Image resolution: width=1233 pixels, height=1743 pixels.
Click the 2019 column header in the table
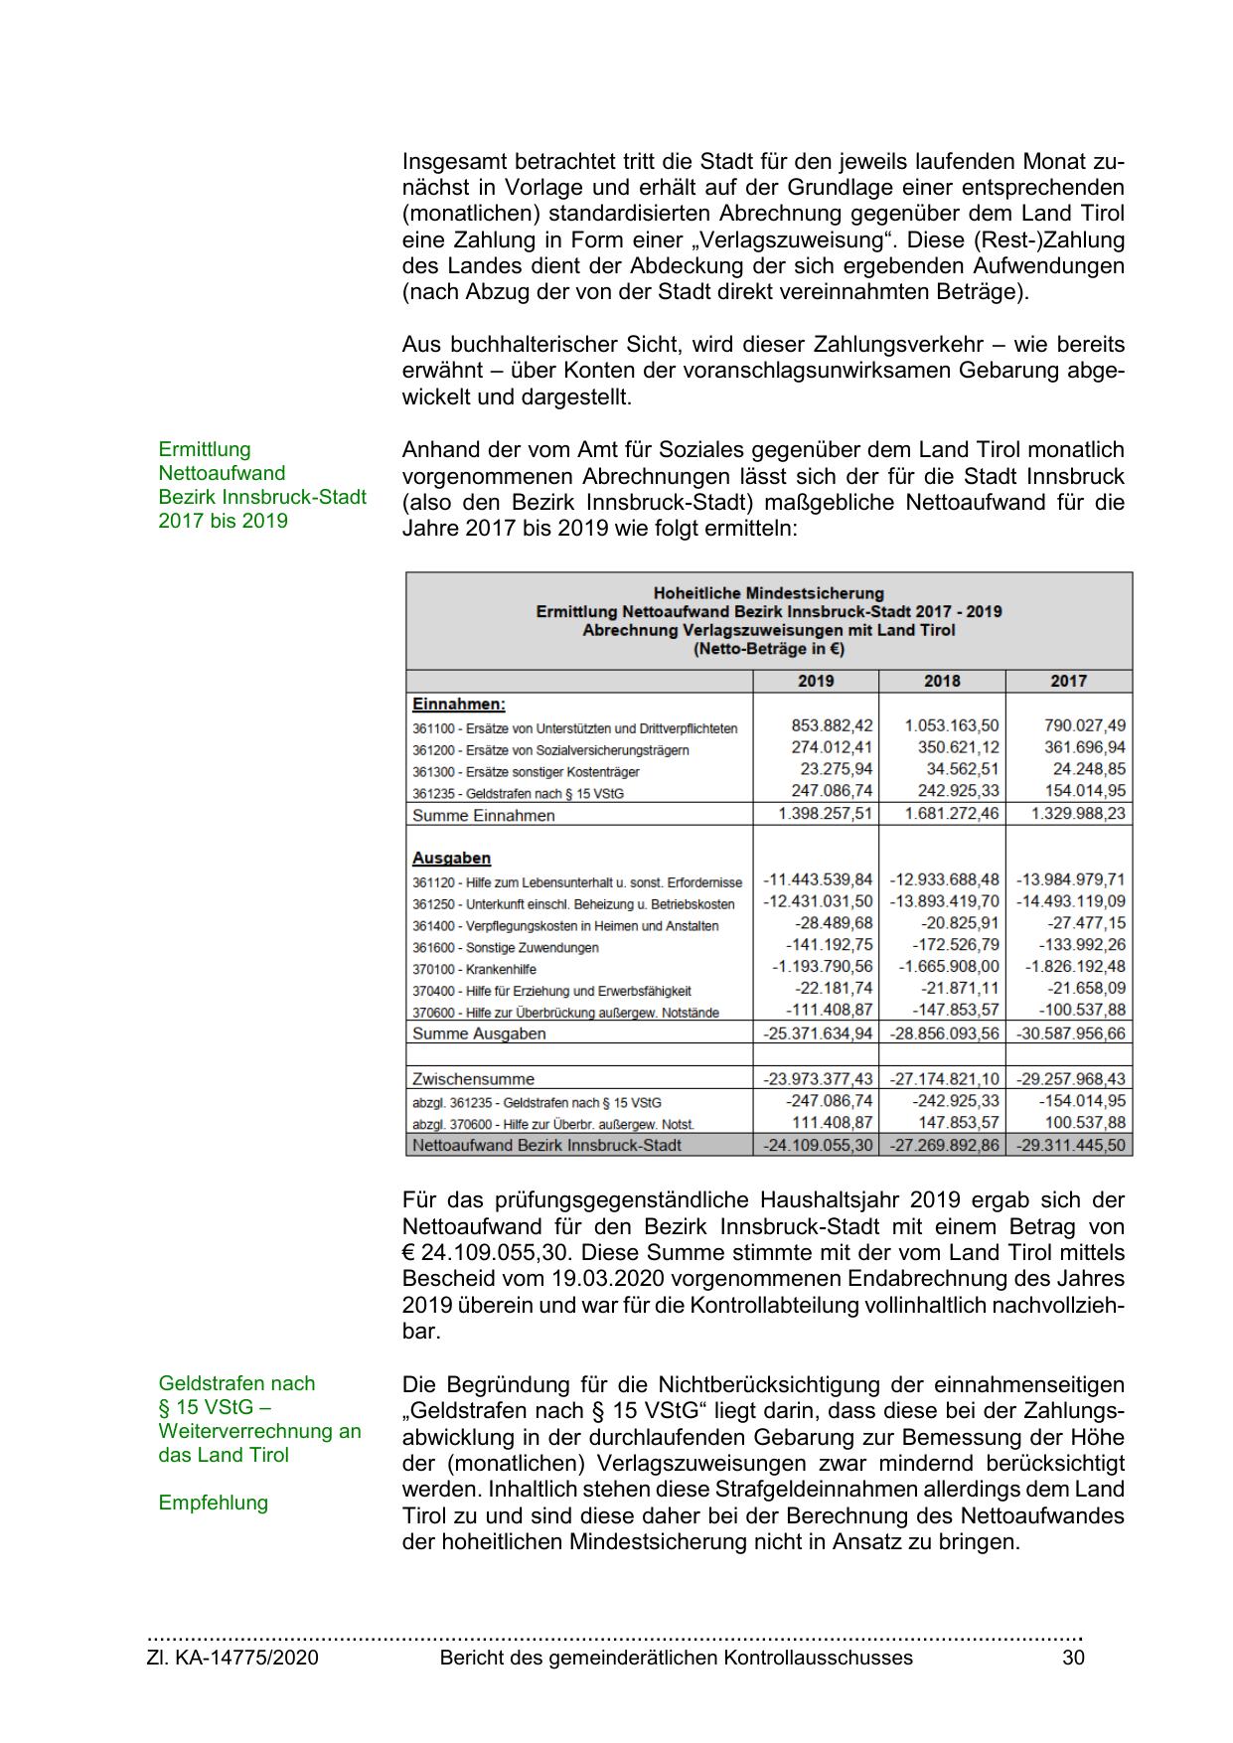(x=816, y=681)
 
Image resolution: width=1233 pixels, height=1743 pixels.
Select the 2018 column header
(x=942, y=681)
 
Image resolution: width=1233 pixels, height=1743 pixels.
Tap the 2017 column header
(x=1068, y=681)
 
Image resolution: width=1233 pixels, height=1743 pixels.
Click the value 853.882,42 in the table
(x=832, y=725)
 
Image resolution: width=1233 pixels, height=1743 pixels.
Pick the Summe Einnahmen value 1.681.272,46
(x=952, y=814)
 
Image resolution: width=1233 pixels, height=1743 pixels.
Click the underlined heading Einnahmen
(x=458, y=704)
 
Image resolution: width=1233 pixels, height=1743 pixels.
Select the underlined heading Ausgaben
(x=451, y=858)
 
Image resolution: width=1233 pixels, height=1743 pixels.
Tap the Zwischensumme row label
(x=473, y=1078)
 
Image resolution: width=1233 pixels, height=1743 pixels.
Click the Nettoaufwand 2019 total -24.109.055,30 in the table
(x=817, y=1145)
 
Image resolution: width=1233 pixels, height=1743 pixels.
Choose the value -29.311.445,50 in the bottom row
(x=1071, y=1145)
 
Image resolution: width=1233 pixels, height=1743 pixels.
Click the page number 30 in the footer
(x=1073, y=1658)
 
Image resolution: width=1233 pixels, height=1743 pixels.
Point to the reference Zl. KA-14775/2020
(x=232, y=1658)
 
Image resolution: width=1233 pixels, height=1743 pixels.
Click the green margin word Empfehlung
(x=213, y=1503)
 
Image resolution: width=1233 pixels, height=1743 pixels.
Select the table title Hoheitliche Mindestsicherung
(x=768, y=593)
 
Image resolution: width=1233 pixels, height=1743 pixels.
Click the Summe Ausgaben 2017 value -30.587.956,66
(x=1071, y=1033)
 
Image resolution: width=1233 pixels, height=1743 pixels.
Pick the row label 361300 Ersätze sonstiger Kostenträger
(x=526, y=772)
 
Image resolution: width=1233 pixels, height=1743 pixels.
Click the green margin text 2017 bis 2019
(x=223, y=521)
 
